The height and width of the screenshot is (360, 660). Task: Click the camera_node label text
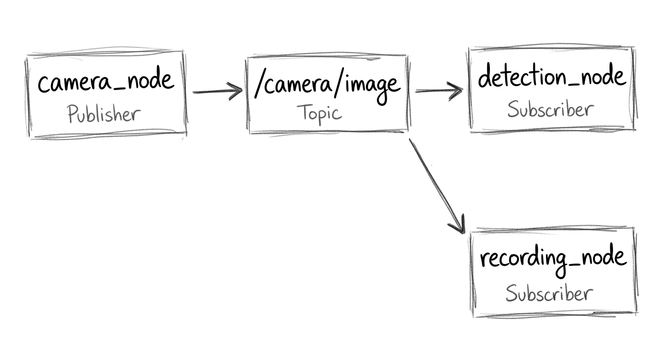pyautogui.click(x=106, y=80)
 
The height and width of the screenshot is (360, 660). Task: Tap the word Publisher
pyautogui.click(x=104, y=114)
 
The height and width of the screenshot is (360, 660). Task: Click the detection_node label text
pyautogui.click(x=552, y=76)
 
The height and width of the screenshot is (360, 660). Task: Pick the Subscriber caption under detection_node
pyautogui.click(x=550, y=110)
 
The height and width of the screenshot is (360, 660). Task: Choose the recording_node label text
pyautogui.click(x=553, y=260)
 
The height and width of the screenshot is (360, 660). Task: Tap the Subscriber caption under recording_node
pyautogui.click(x=549, y=293)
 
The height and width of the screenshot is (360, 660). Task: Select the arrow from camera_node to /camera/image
pyautogui.click(x=217, y=91)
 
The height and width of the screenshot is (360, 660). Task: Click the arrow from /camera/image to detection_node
pyautogui.click(x=439, y=91)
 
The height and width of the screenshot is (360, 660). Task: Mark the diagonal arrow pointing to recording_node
pyautogui.click(x=437, y=186)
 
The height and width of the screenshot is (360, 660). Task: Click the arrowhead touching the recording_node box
pyautogui.click(x=458, y=225)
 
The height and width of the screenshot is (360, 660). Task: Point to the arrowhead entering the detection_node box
pyautogui.click(x=456, y=91)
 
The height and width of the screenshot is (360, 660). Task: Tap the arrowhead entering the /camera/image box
pyautogui.click(x=236, y=91)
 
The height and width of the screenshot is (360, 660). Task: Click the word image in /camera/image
pyautogui.click(x=373, y=89)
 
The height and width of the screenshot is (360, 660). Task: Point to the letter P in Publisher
pyautogui.click(x=73, y=114)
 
